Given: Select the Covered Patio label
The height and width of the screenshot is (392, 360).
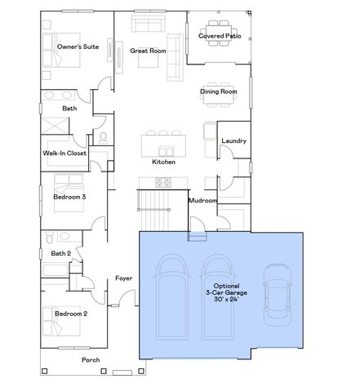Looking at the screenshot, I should click(220, 36).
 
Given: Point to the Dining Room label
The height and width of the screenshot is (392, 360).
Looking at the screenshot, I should click(218, 91).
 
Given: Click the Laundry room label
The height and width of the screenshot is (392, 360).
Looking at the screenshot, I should click(233, 141).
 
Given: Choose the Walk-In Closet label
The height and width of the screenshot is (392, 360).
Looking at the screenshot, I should click(65, 153).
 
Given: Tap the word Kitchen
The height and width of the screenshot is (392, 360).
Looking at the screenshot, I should click(163, 162).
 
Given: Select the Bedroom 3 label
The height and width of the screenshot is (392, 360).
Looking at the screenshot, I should click(70, 197).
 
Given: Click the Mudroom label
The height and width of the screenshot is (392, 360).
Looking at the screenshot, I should click(202, 200).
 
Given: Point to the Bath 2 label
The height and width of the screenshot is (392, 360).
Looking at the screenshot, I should click(61, 253).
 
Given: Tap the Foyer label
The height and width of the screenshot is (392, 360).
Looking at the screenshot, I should click(123, 278).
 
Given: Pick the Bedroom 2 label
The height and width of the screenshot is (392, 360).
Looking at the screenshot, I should click(70, 314).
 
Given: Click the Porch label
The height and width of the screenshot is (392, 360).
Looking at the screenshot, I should click(91, 360).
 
